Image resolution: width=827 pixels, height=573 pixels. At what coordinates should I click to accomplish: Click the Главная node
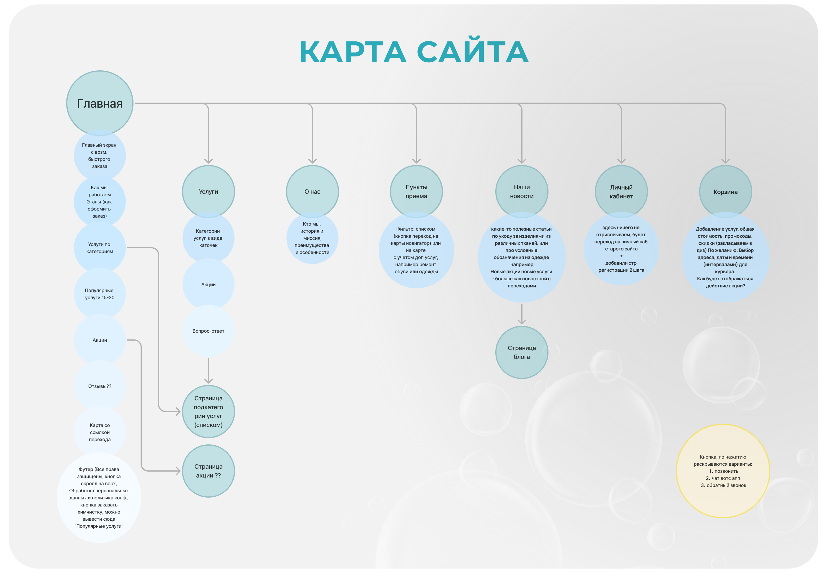click(100, 103)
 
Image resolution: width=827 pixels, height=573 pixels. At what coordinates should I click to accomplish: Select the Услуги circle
click(208, 191)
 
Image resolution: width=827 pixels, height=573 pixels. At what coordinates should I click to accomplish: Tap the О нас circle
click(312, 191)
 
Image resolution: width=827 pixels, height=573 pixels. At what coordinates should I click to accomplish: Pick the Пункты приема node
click(416, 191)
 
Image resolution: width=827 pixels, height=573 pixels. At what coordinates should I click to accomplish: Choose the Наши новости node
click(522, 191)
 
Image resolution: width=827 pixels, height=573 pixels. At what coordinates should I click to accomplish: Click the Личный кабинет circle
click(621, 191)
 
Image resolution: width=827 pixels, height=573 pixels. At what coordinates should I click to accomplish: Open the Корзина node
click(725, 191)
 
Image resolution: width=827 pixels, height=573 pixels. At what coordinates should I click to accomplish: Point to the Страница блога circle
click(522, 352)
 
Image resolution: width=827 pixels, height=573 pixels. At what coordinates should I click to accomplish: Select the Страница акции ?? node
click(208, 471)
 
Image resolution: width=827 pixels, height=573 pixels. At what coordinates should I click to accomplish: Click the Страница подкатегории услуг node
click(208, 412)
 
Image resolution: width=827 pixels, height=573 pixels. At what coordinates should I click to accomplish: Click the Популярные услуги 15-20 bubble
click(100, 294)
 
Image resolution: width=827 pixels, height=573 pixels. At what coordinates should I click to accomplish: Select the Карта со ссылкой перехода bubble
click(100, 432)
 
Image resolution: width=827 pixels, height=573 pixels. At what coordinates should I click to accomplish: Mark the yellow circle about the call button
click(723, 471)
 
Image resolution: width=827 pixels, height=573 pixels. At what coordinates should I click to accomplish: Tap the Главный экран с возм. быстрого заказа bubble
click(100, 156)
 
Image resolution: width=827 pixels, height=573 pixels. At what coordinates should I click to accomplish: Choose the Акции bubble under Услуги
click(208, 284)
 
